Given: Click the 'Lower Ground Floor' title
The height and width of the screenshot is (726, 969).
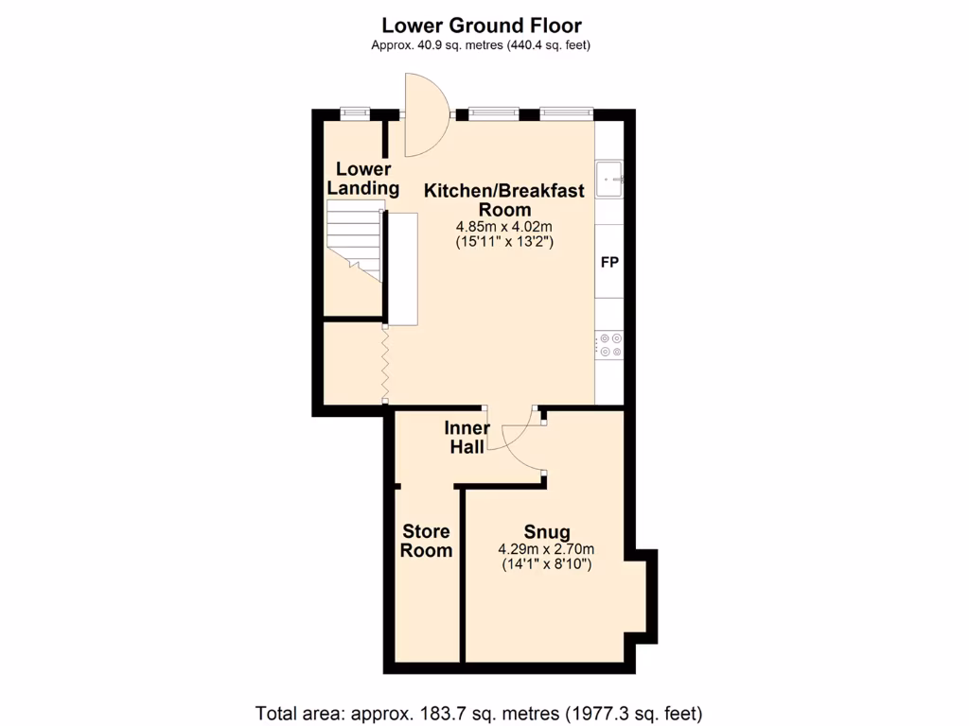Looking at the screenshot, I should pyautogui.click(x=481, y=26).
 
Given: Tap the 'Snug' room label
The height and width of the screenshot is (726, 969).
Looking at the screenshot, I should pyautogui.click(x=546, y=531).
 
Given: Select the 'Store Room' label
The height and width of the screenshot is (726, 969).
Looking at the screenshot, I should pyautogui.click(x=426, y=541).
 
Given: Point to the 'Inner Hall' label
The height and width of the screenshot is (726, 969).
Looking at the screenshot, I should pyautogui.click(x=467, y=437).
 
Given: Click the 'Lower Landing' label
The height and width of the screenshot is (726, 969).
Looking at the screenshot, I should pyautogui.click(x=363, y=179).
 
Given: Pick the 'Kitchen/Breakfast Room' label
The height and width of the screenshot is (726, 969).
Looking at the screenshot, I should pyautogui.click(x=503, y=199).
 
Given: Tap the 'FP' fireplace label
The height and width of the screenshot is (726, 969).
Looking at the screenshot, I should pyautogui.click(x=609, y=262).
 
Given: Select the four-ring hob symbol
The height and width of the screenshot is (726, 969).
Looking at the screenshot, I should pyautogui.click(x=609, y=344).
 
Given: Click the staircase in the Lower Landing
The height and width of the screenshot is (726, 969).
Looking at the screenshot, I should pyautogui.click(x=354, y=243).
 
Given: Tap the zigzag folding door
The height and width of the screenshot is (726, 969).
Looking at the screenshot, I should pyautogui.click(x=386, y=364).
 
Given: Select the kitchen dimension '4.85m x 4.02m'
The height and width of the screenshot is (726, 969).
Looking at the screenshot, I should pyautogui.click(x=503, y=227).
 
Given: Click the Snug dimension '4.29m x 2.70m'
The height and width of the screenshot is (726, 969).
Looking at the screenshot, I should pyautogui.click(x=546, y=550).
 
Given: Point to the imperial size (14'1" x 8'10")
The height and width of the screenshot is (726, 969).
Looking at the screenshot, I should pyautogui.click(x=546, y=565).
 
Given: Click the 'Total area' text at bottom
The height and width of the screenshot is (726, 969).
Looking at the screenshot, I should pyautogui.click(x=479, y=712).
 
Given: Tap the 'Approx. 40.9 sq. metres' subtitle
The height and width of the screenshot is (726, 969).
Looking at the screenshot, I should pyautogui.click(x=481, y=45).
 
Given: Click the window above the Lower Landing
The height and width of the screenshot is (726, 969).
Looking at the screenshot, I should pyautogui.click(x=355, y=113).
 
